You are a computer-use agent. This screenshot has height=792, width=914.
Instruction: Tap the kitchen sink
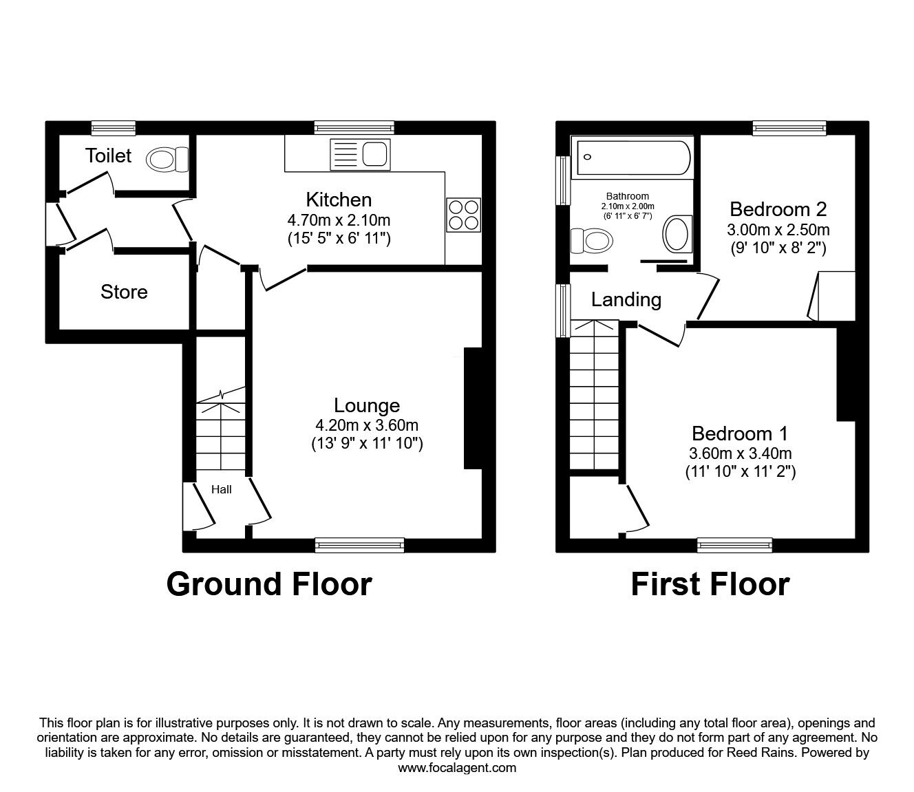click(x=360, y=153)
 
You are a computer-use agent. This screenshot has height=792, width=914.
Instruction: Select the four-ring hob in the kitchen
click(x=463, y=213)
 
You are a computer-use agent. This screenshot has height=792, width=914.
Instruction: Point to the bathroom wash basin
click(x=677, y=234)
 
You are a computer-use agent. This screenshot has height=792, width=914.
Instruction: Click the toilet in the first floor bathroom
click(x=592, y=241)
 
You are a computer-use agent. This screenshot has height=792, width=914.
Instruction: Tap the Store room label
click(x=124, y=292)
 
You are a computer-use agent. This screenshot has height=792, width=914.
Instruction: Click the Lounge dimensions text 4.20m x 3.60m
click(x=367, y=425)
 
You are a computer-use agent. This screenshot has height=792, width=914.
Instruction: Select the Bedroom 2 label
click(x=778, y=208)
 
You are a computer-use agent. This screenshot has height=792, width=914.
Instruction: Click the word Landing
click(x=626, y=299)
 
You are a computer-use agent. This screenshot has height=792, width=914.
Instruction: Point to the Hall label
click(x=221, y=490)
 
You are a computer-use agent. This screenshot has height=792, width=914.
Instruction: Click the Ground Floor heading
click(x=269, y=584)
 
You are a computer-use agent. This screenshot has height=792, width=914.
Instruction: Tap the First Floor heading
click(x=710, y=584)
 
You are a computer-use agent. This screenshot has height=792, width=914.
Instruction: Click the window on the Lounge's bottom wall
click(x=359, y=545)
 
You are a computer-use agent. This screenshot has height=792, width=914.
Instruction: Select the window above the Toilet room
click(x=114, y=127)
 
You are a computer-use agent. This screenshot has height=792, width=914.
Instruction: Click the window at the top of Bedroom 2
click(x=789, y=127)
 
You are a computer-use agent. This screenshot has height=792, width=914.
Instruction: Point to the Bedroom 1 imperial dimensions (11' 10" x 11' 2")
click(x=740, y=472)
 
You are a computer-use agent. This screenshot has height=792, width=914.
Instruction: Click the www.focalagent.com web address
click(x=457, y=768)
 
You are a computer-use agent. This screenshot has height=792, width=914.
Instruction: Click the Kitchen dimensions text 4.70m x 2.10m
click(x=339, y=220)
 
